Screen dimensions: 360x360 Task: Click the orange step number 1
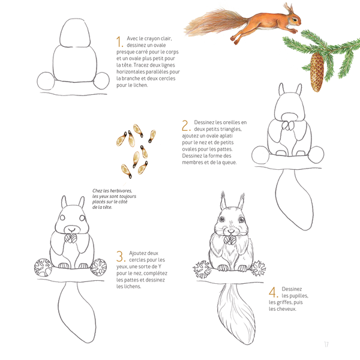pyautogui.click(x=119, y=41)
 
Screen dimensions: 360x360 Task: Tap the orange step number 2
pyautogui.click(x=185, y=125)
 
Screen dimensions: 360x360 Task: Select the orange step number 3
pyautogui.click(x=121, y=256)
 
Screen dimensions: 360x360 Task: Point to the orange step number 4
pyautogui.click(x=273, y=292)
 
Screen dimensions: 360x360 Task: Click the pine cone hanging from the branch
pyautogui.click(x=317, y=71)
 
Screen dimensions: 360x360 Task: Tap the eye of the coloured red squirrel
pyautogui.click(x=295, y=20)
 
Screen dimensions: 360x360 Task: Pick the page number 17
pyautogui.click(x=326, y=344)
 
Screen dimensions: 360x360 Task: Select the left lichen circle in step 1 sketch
pyautogui.click(x=46, y=81)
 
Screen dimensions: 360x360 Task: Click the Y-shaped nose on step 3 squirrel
pyautogui.click(x=72, y=230)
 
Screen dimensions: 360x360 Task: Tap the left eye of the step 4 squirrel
pyautogui.click(x=222, y=219)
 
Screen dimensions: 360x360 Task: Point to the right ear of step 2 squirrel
pyautogui.click(x=299, y=89)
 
